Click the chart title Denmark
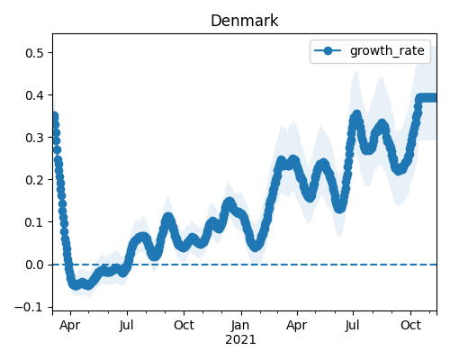pos(245,21)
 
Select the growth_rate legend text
pos(387,50)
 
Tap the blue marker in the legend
pos(328,50)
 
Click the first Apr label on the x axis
pos(70,326)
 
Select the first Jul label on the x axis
pos(126,325)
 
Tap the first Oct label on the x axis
pos(184,325)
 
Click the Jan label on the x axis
pos(240,325)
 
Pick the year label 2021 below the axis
pos(240,339)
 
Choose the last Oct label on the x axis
pos(410,325)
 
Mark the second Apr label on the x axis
pos(297,326)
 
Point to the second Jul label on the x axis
pos(352,325)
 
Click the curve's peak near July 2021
pos(356,115)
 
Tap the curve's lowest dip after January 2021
pos(255,247)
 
